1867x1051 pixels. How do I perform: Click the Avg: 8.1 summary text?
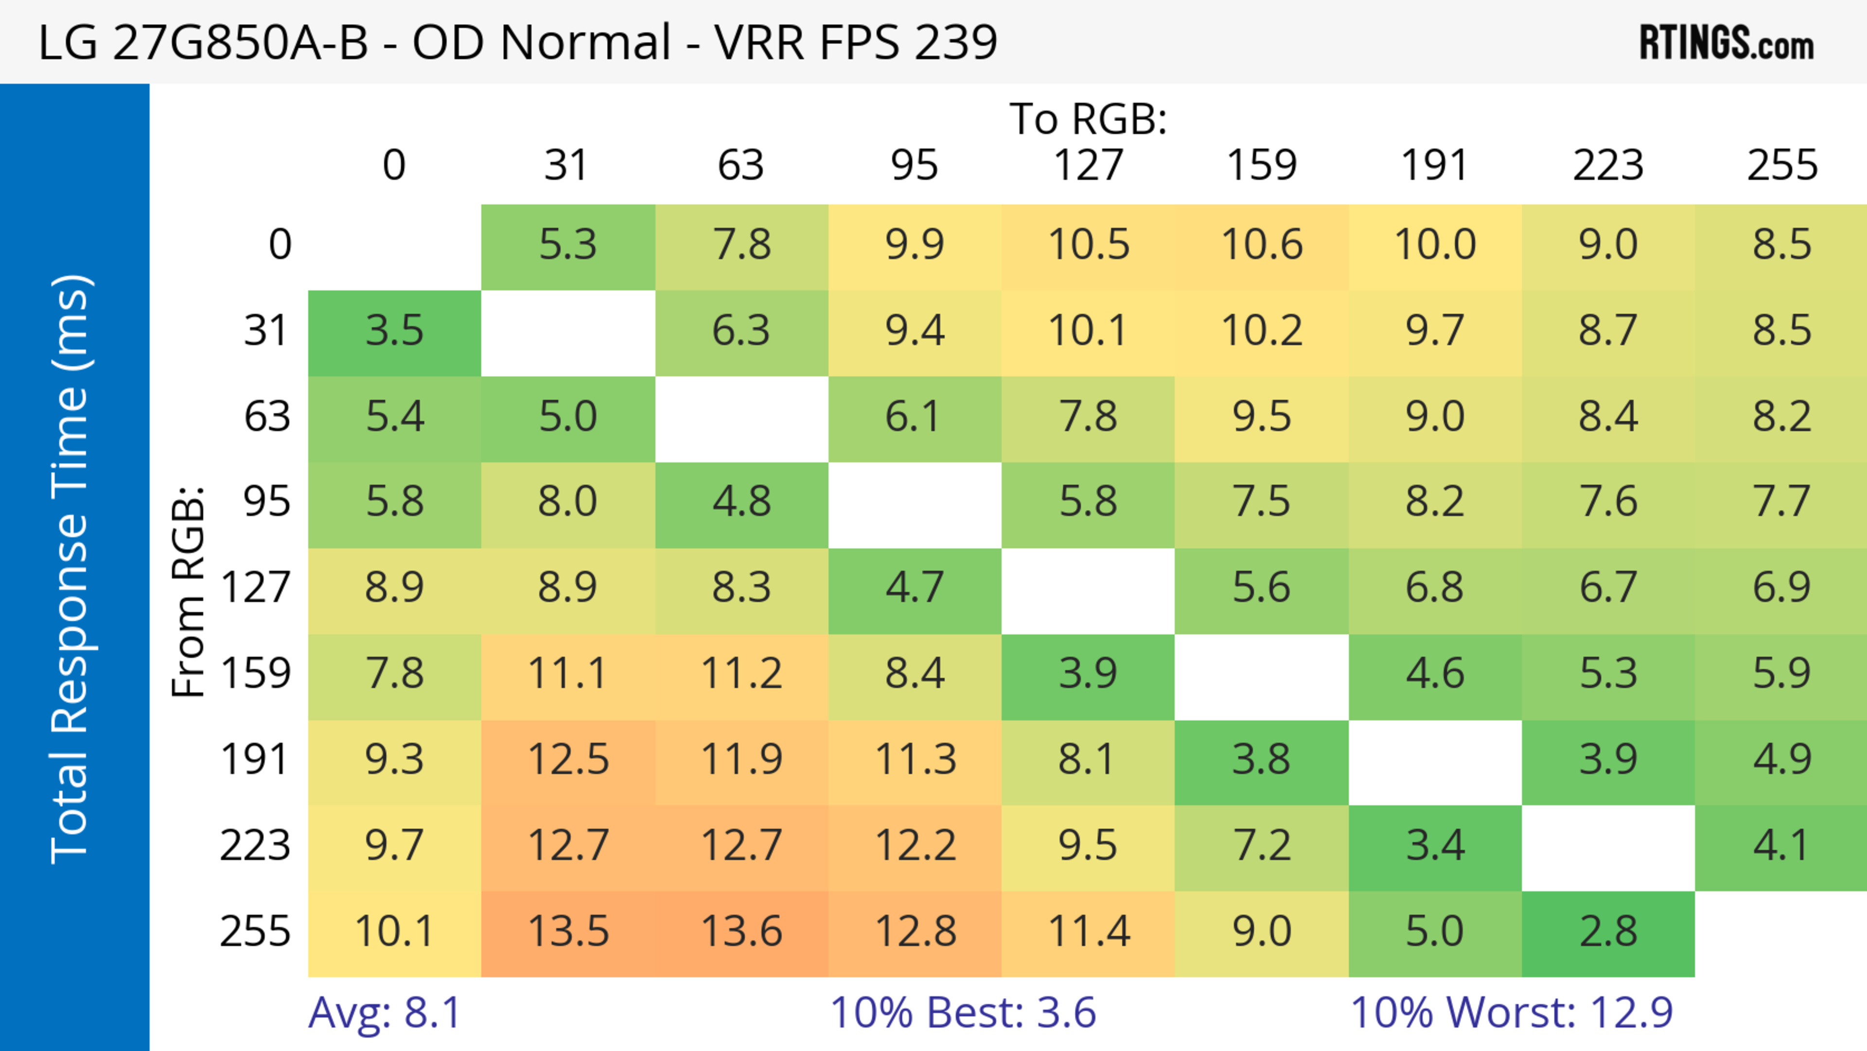384,1013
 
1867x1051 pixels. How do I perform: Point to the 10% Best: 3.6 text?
963,1013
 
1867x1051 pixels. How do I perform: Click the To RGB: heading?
1088,119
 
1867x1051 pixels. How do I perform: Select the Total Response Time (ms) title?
71,569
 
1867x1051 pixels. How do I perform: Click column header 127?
1088,165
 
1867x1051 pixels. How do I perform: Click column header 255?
1781,165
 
